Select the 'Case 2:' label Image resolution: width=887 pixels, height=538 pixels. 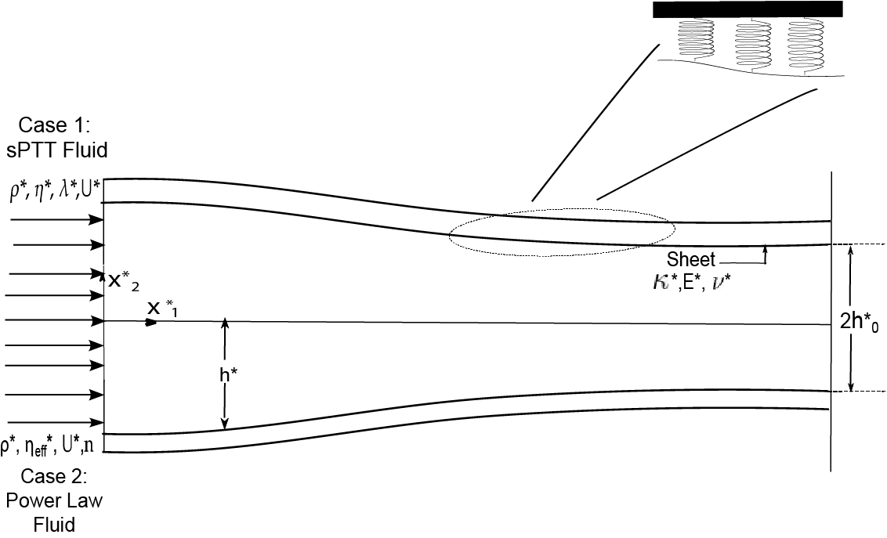coord(53,477)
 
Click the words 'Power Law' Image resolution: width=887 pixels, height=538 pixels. coord(53,500)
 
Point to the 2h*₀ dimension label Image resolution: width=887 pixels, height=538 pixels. coord(859,323)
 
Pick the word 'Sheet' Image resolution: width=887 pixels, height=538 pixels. coord(690,259)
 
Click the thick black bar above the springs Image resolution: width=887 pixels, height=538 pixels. coord(748,9)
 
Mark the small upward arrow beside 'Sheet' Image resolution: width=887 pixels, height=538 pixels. coord(765,253)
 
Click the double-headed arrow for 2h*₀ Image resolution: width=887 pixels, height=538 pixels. coord(851,318)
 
